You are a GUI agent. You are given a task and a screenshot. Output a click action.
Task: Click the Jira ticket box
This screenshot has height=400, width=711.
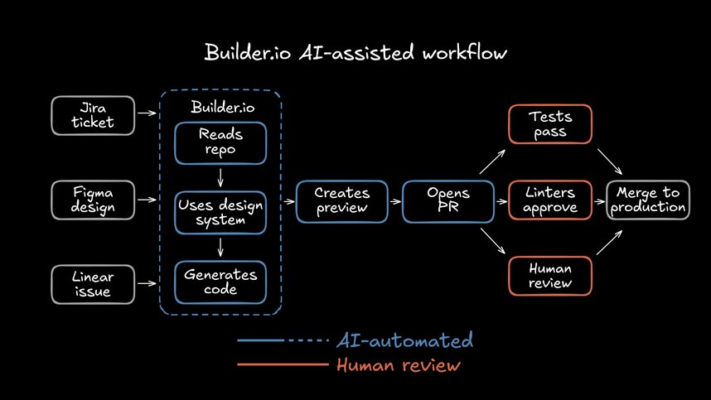point(93,116)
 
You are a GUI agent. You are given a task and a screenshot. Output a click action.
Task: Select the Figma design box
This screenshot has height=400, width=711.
point(93,200)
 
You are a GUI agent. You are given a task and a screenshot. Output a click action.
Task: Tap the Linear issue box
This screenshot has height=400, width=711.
point(93,283)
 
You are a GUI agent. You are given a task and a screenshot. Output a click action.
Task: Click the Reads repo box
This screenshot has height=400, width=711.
point(220,143)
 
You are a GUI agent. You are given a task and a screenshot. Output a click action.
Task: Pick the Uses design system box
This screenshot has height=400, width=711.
point(220,213)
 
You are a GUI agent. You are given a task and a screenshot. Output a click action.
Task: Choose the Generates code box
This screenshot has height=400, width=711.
point(220,282)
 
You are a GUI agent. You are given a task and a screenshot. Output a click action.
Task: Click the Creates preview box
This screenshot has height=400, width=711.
point(341,200)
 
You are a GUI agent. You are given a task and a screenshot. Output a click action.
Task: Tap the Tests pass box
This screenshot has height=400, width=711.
point(551,124)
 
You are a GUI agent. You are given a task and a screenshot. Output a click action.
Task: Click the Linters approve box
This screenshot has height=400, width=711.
point(551,200)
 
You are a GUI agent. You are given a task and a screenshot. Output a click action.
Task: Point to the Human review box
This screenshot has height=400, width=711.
point(551,276)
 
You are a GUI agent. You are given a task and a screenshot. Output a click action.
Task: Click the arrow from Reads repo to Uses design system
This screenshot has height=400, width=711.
point(220,178)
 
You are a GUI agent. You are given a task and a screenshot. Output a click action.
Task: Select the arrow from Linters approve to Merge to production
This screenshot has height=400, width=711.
point(601,200)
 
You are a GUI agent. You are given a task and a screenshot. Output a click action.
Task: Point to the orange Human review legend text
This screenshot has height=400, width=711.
point(398,365)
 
